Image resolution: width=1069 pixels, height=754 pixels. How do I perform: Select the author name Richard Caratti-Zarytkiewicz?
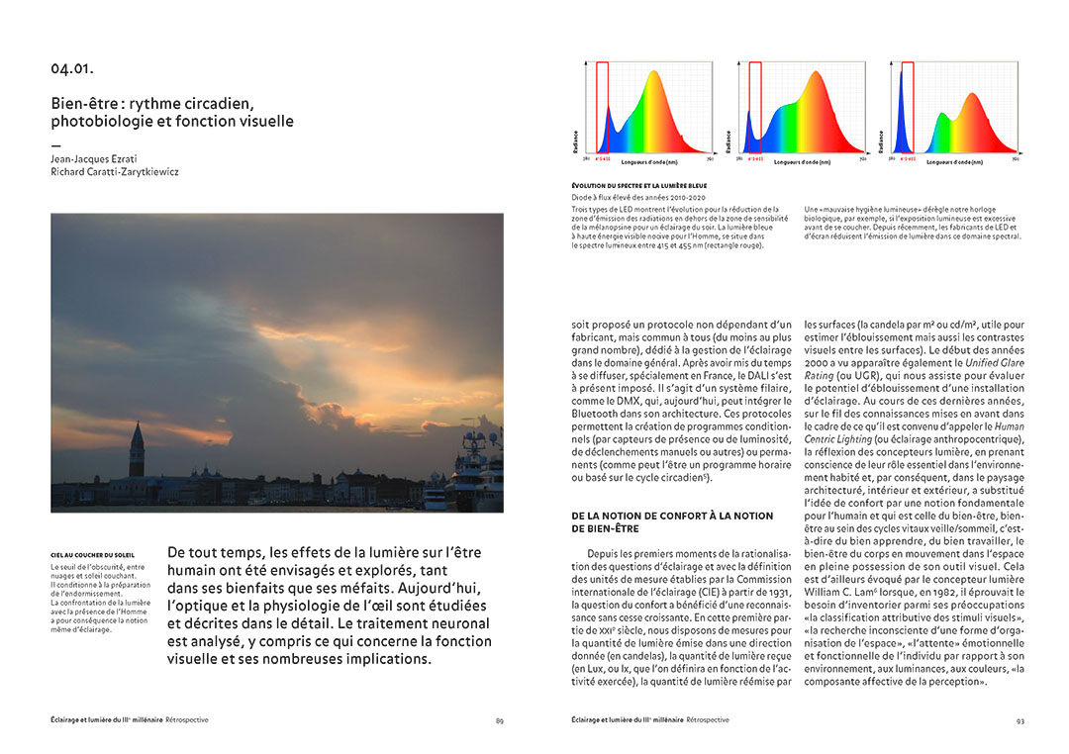click(x=115, y=171)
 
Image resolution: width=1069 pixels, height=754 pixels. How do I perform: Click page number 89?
click(x=500, y=720)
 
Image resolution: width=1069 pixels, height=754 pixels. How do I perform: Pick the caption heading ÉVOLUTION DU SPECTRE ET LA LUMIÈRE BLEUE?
click(x=638, y=185)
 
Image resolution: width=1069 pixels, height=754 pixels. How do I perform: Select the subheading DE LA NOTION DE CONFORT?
click(x=672, y=516)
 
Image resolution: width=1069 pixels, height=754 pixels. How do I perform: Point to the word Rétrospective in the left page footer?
click(x=187, y=720)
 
